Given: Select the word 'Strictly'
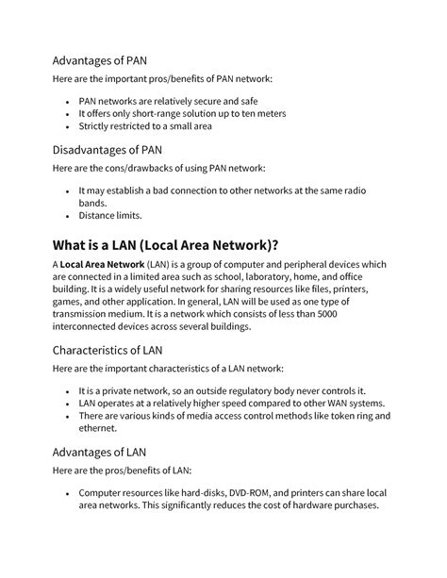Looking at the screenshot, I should tap(96, 125).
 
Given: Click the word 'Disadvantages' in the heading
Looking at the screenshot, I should tap(99, 149).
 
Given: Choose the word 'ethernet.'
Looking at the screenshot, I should tap(101, 428).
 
